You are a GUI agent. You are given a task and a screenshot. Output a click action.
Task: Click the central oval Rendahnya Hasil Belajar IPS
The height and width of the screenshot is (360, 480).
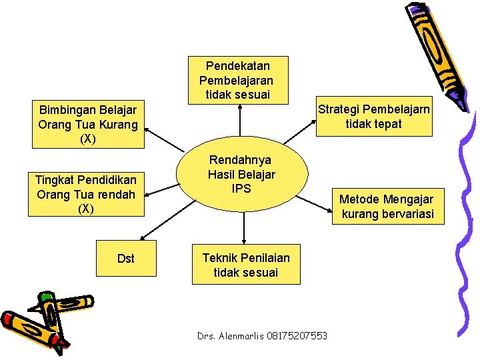pos(241,175)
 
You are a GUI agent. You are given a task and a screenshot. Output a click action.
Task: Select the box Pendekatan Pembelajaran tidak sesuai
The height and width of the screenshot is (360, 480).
pos(238,80)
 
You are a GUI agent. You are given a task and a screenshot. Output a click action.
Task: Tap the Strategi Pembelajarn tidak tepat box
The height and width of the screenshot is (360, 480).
pos(373,117)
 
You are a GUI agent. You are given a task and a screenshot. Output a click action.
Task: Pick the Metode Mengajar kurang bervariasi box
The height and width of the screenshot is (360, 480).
pos(387,207)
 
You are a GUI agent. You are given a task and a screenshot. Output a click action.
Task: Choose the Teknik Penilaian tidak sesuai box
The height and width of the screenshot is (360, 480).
pos(246,265)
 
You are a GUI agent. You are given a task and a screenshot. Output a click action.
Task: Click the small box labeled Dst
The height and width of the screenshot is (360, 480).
pos(125,258)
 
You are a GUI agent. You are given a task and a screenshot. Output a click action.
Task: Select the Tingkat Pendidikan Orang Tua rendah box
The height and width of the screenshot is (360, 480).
pos(86,195)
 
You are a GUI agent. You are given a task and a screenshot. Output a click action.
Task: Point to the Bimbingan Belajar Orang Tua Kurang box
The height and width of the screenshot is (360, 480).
pos(88,125)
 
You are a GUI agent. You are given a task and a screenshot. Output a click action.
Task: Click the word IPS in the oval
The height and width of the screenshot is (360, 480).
pos(241,189)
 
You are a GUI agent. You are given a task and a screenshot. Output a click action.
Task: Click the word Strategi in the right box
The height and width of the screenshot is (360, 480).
pos(339,109)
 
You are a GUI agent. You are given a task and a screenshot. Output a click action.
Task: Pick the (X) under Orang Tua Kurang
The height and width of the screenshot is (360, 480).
pos(88,139)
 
